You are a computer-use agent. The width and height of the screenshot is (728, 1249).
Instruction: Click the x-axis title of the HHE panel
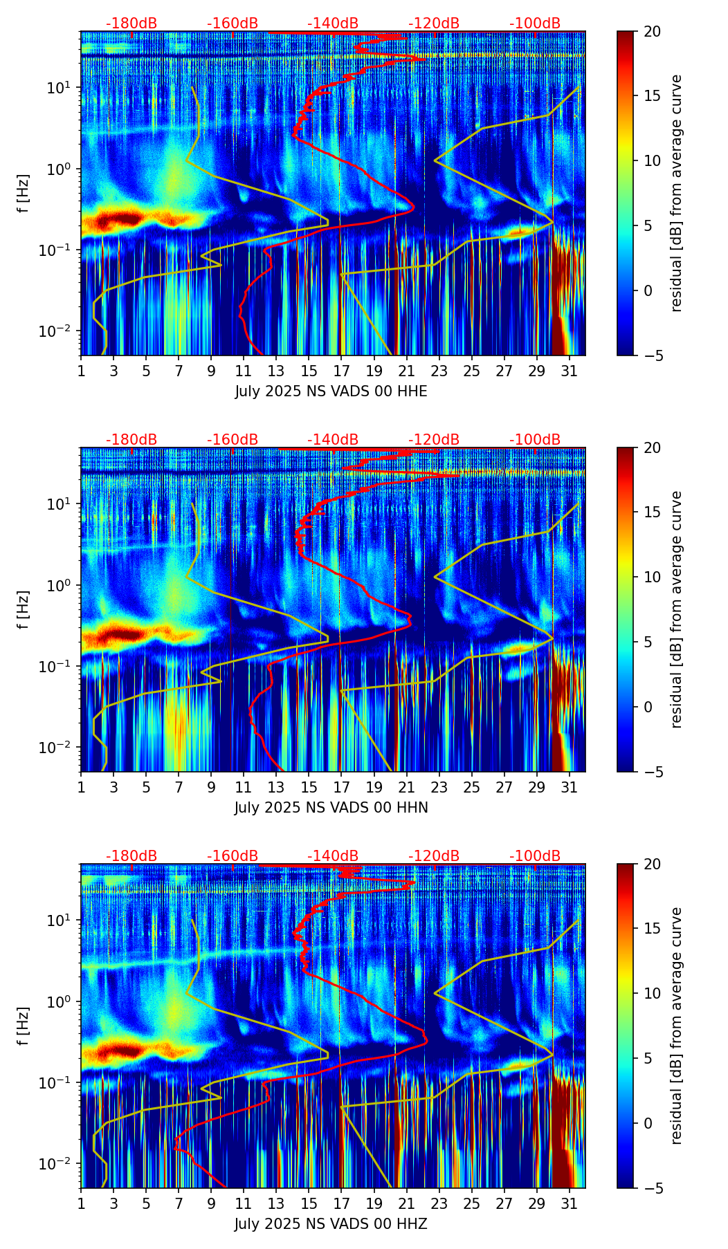(331, 391)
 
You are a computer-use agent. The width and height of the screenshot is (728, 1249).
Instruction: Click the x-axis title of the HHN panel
(331, 808)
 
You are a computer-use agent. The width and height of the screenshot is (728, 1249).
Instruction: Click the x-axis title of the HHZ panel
(331, 1224)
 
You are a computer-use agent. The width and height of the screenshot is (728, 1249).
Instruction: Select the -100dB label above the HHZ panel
(535, 856)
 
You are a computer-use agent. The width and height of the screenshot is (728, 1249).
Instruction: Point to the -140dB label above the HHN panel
(333, 440)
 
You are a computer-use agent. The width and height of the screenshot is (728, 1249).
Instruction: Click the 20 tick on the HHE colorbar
(651, 32)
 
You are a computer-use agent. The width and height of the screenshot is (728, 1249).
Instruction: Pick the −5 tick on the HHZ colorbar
(651, 1188)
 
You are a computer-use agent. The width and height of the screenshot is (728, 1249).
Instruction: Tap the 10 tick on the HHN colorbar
(651, 577)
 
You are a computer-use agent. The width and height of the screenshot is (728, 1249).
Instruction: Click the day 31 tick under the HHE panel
(570, 371)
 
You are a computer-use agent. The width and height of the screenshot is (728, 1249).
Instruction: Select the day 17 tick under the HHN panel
(341, 787)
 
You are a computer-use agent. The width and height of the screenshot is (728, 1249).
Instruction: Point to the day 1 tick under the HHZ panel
(81, 1203)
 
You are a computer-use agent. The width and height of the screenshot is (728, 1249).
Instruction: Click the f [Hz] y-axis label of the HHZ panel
(24, 1026)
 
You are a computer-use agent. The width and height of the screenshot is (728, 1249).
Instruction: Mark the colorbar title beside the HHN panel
(676, 609)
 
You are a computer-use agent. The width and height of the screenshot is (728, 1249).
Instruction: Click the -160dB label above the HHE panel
(233, 24)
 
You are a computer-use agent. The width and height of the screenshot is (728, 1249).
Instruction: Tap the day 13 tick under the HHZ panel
(276, 1203)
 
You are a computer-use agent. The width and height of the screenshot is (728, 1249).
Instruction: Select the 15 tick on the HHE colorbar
(651, 96)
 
